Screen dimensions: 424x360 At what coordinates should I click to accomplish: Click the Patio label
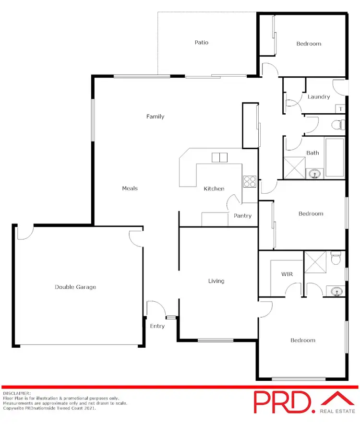[202, 43]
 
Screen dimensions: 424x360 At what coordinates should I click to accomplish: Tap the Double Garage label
[75, 287]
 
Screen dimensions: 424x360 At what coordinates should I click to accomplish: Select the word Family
[156, 117]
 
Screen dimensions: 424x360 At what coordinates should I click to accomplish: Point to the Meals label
[130, 188]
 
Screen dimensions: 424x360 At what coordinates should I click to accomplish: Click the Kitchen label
[214, 188]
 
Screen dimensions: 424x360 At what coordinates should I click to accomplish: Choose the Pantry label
[242, 216]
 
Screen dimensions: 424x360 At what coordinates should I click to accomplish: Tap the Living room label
[216, 281]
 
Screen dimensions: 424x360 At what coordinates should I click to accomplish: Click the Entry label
[157, 326]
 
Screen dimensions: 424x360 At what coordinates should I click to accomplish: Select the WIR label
[287, 275]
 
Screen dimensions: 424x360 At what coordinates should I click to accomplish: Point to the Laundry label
[319, 97]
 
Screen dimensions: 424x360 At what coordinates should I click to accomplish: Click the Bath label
[312, 153]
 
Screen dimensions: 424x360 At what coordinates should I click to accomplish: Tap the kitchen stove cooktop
[250, 181]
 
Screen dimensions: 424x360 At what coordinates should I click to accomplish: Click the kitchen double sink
[219, 158]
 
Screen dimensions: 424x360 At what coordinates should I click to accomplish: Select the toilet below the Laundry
[338, 125]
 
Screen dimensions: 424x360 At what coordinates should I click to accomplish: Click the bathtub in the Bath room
[335, 157]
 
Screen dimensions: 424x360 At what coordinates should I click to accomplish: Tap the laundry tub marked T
[340, 109]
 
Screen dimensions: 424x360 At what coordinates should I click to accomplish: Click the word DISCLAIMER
[16, 393]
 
